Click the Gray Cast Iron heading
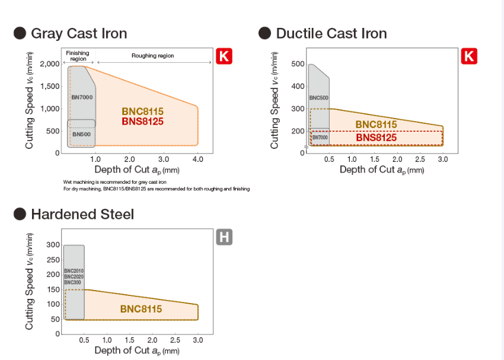tap(79, 33)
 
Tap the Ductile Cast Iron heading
tap(331, 33)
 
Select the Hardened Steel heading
tap(82, 214)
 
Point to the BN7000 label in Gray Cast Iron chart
tap(82, 97)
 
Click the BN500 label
tap(81, 135)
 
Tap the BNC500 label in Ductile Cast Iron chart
tap(318, 98)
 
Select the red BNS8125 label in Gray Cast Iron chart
tap(142, 122)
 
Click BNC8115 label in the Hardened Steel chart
tap(141, 309)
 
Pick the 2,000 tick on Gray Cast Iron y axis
tap(50, 64)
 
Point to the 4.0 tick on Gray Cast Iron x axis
tap(198, 160)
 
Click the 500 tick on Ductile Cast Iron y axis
tap(298, 64)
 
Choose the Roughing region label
tap(153, 56)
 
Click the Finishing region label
tap(78, 56)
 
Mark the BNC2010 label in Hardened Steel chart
tap(74, 271)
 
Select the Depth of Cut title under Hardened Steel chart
tap(136, 351)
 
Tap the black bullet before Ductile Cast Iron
tap(265, 33)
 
